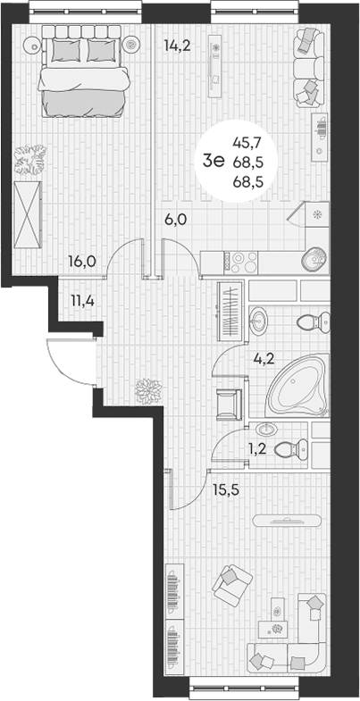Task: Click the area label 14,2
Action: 177,46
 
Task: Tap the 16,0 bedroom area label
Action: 83,261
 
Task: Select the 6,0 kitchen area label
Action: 174,220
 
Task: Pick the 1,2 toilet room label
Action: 257,449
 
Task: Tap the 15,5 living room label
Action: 226,489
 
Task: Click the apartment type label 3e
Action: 214,161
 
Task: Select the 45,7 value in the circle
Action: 247,143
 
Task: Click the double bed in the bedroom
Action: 83,71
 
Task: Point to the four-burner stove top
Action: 241,263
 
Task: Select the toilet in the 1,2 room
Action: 290,448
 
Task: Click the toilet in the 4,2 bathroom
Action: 313,321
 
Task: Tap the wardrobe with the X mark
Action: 28,215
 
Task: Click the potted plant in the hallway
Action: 148,391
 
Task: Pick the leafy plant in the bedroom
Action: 30,160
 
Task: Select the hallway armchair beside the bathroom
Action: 229,405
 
